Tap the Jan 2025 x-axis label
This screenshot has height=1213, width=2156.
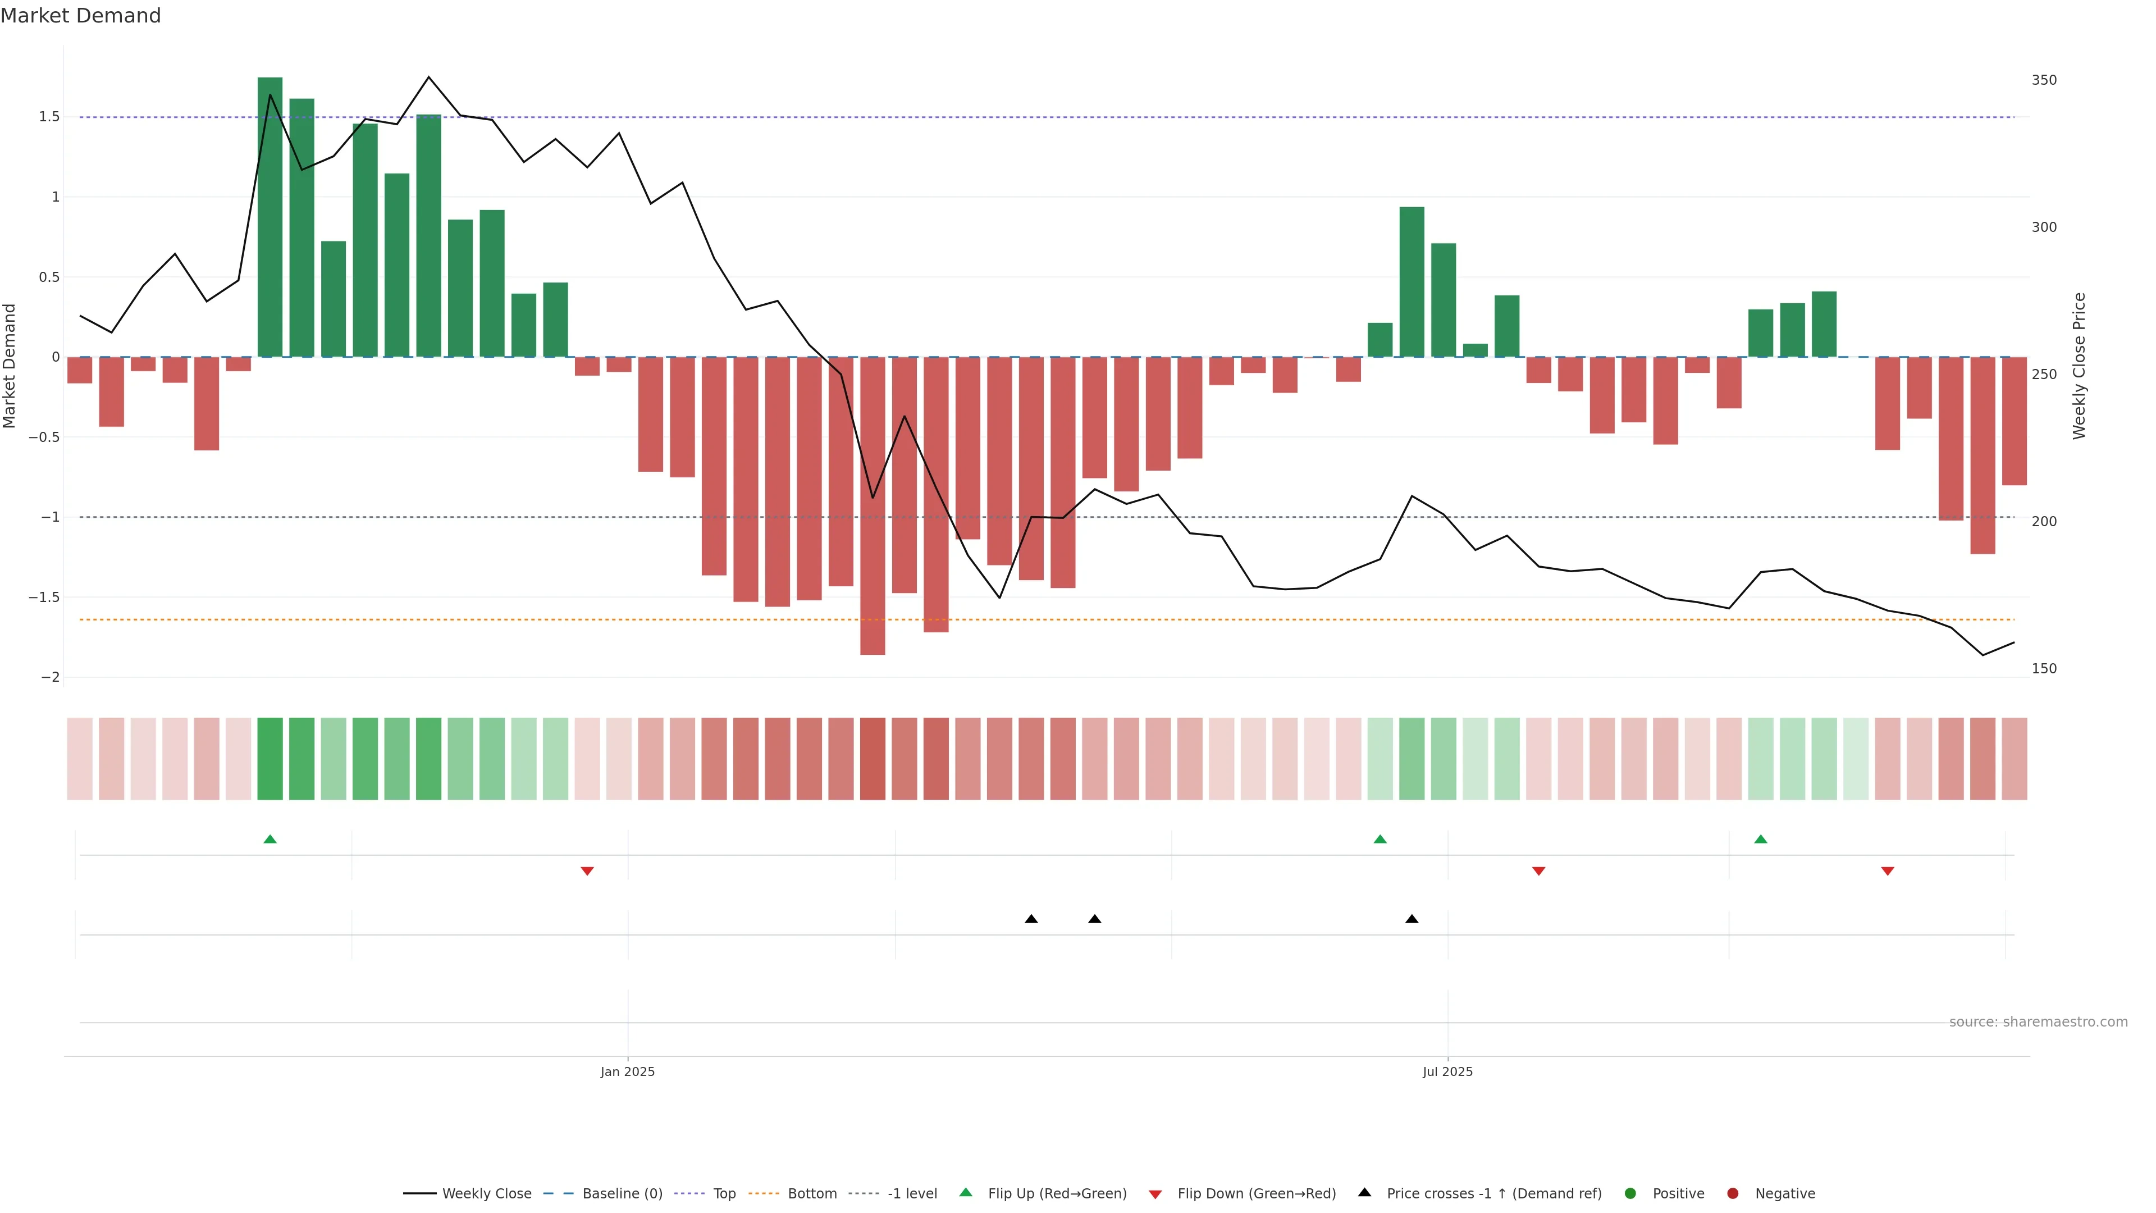tap(627, 1071)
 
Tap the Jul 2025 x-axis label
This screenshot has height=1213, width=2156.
tap(1447, 1071)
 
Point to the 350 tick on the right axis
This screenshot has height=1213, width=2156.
tap(2043, 80)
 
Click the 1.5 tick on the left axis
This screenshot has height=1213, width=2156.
tap(49, 116)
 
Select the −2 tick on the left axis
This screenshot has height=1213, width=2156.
tap(49, 677)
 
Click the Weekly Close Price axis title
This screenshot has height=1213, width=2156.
tap(2079, 366)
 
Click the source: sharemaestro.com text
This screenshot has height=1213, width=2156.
tap(2038, 1022)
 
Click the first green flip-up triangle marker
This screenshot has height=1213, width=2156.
tap(269, 839)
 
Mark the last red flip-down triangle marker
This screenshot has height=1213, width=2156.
tap(1887, 872)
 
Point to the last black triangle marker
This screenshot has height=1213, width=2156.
tap(1412, 919)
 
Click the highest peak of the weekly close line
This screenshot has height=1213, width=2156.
tap(428, 77)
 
